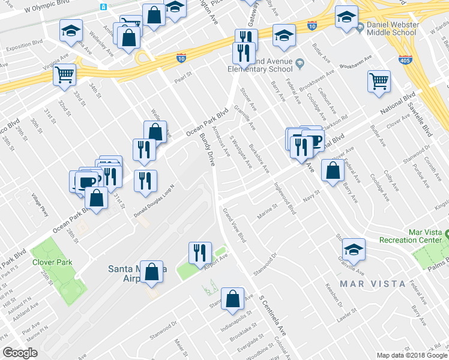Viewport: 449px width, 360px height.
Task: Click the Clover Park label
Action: point(53,262)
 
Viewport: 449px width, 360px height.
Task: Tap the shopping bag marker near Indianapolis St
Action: point(232,298)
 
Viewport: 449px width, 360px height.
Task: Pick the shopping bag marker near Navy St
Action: point(333,170)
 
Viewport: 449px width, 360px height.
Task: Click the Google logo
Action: point(20,353)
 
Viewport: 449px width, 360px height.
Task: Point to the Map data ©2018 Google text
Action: point(411,355)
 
